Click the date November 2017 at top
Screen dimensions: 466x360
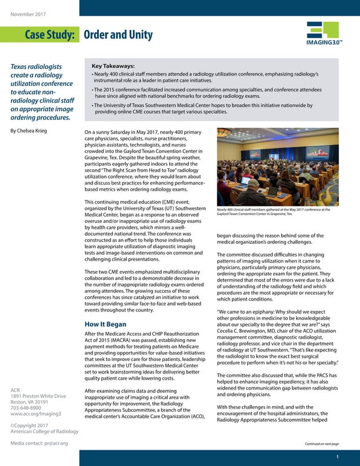click(28, 14)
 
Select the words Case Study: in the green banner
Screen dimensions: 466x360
click(50, 35)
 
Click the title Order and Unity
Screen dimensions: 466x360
click(118, 35)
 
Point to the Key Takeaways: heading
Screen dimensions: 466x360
click(113, 65)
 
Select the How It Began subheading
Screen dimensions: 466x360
click(105, 324)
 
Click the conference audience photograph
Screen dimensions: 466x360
click(278, 167)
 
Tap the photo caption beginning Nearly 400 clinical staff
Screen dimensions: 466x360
click(274, 212)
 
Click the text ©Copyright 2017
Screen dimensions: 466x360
click(29, 425)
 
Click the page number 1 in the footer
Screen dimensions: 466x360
click(337, 456)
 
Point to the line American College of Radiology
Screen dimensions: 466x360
click(44, 432)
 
